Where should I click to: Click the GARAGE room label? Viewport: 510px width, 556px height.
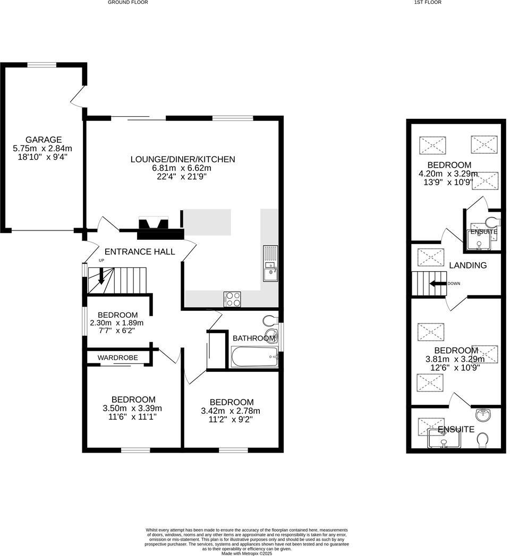[x=45, y=140]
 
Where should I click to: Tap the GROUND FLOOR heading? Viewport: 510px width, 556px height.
[x=127, y=2]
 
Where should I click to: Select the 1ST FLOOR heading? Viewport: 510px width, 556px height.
[x=428, y=2]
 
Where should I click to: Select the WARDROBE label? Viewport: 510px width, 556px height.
[x=117, y=358]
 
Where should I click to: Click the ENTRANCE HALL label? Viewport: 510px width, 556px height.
[x=140, y=252]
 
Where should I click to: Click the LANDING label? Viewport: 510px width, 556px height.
[x=467, y=265]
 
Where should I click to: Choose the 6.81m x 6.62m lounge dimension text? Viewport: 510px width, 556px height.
[x=182, y=168]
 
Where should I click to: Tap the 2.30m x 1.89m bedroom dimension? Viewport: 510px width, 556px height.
[x=117, y=323]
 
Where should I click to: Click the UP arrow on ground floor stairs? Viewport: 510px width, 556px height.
[x=101, y=272]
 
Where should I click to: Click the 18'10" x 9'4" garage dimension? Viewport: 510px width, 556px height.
[x=45, y=157]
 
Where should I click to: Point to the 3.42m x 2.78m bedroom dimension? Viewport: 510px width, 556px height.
[x=231, y=411]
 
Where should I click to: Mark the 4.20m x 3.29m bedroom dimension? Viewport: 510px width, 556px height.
[x=449, y=173]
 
